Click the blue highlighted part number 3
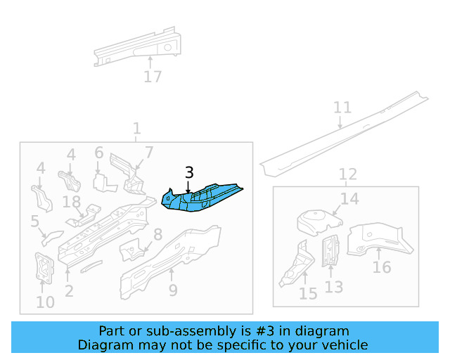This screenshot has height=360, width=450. coord(200,198)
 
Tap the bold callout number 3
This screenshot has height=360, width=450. coord(189,173)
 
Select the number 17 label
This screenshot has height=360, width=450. coord(153,77)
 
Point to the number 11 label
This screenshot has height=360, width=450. coord(342,108)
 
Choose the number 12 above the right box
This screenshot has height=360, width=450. coord(347,174)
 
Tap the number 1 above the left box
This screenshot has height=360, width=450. coord(136,129)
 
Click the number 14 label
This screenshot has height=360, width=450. coord(349,199)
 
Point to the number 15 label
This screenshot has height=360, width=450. coord(308,293)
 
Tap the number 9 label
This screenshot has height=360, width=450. coord(173,290)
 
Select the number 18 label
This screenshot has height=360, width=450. coord(72,202)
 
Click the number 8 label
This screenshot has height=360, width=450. coord(157,235)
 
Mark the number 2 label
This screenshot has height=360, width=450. coord(68,291)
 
